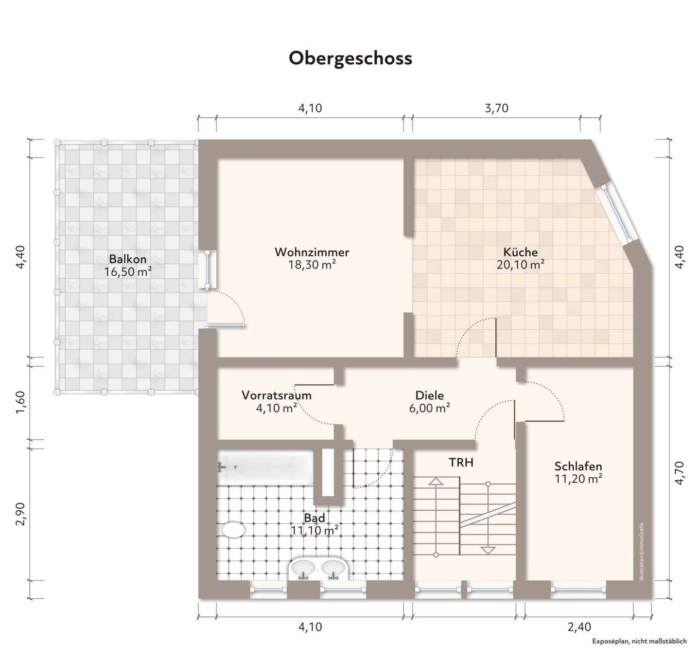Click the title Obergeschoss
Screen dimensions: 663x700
click(350, 58)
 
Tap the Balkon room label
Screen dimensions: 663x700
click(127, 258)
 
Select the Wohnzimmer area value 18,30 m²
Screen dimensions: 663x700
click(312, 265)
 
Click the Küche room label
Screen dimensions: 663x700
click(520, 252)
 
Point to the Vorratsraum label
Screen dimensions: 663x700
click(276, 395)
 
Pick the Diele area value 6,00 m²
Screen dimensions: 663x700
click(429, 408)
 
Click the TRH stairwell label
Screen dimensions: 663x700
click(461, 462)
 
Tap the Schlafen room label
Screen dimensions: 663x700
click(578, 466)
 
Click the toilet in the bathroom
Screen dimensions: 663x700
click(233, 530)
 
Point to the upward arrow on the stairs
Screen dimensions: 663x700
click(436, 482)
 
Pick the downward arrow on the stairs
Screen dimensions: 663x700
click(488, 550)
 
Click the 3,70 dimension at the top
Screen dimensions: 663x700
click(496, 108)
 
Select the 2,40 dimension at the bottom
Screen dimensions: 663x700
click(579, 627)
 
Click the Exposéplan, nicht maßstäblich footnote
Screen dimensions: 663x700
click(639, 641)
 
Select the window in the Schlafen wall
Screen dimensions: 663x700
click(578, 590)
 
